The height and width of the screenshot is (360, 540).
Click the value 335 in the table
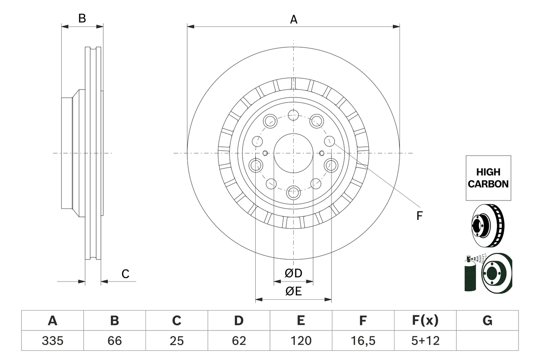pyautogui.click(x=52, y=341)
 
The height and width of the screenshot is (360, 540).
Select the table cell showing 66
pyautogui.click(x=114, y=341)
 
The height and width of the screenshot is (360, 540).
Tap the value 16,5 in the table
pyautogui.click(x=362, y=341)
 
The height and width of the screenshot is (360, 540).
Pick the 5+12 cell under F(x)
pyautogui.click(x=425, y=341)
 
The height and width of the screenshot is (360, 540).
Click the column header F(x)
pyautogui.click(x=425, y=321)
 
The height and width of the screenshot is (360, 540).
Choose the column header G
pyautogui.click(x=487, y=321)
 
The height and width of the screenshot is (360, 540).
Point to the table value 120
pyautogui.click(x=300, y=341)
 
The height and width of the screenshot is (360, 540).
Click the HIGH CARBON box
pyautogui.click(x=488, y=178)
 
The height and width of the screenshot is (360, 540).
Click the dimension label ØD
pyautogui.click(x=293, y=273)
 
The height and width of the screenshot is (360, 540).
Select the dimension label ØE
pyautogui.click(x=293, y=291)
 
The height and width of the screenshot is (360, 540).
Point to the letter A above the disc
pyautogui.click(x=293, y=19)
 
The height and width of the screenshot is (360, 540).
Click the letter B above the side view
pyautogui.click(x=82, y=18)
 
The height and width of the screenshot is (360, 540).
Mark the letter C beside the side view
pyautogui.click(x=125, y=274)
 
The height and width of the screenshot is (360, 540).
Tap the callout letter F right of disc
pyautogui.click(x=419, y=216)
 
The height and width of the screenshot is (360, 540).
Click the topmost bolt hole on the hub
pyautogui.click(x=293, y=115)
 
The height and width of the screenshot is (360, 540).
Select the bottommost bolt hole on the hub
pyautogui.click(x=293, y=193)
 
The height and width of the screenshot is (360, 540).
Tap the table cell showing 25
pyautogui.click(x=176, y=341)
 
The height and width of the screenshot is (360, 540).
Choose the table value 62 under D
pyautogui.click(x=238, y=341)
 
